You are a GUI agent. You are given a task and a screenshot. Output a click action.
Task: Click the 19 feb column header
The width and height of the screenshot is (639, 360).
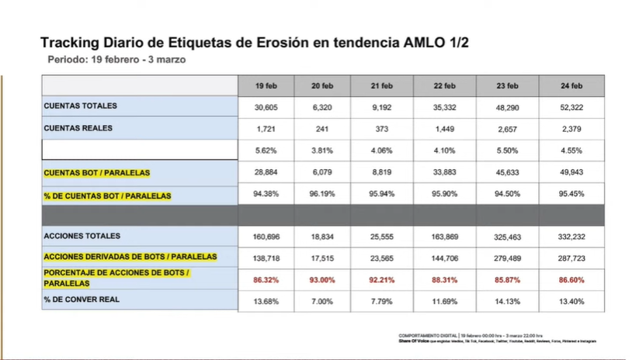point(266,85)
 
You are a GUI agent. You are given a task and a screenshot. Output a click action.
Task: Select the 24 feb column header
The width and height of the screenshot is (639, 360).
point(571,85)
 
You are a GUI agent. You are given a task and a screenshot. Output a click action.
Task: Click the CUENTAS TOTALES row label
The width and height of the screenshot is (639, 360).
point(81,106)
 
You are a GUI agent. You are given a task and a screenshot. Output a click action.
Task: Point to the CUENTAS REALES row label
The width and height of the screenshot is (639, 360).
point(78,127)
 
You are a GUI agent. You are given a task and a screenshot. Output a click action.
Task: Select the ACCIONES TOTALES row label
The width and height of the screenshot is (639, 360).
point(82,236)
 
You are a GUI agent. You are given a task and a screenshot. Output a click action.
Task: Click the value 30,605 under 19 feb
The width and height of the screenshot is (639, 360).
point(266,106)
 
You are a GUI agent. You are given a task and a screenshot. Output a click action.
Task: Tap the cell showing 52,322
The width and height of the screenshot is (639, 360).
point(571,106)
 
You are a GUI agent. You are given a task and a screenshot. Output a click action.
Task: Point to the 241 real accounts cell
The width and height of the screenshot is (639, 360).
point(321,128)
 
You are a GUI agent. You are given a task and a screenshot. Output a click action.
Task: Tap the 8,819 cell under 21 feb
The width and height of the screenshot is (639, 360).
point(381,172)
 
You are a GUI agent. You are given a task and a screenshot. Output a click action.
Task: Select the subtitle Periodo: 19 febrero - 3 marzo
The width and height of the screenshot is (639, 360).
point(116,59)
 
